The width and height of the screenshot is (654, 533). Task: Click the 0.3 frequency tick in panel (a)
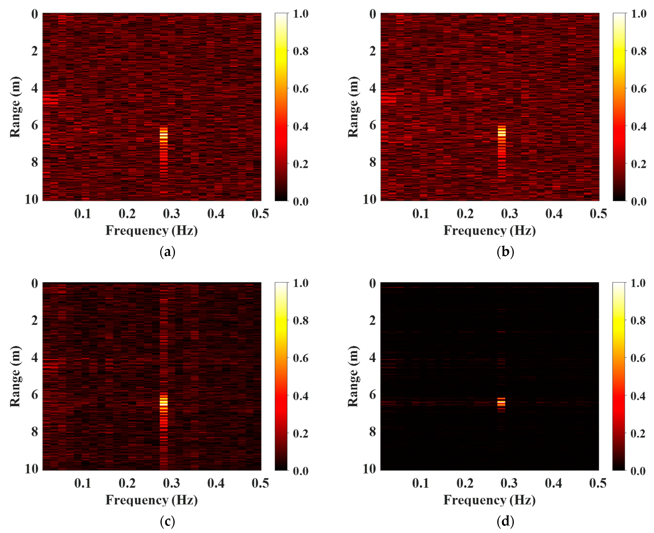click(x=171, y=214)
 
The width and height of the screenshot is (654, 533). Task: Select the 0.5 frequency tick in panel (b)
click(x=598, y=214)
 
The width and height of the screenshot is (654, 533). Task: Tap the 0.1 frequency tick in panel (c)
click(x=83, y=483)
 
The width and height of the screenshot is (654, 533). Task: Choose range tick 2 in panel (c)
click(x=35, y=320)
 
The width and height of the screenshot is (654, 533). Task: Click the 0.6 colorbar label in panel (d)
click(x=638, y=358)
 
